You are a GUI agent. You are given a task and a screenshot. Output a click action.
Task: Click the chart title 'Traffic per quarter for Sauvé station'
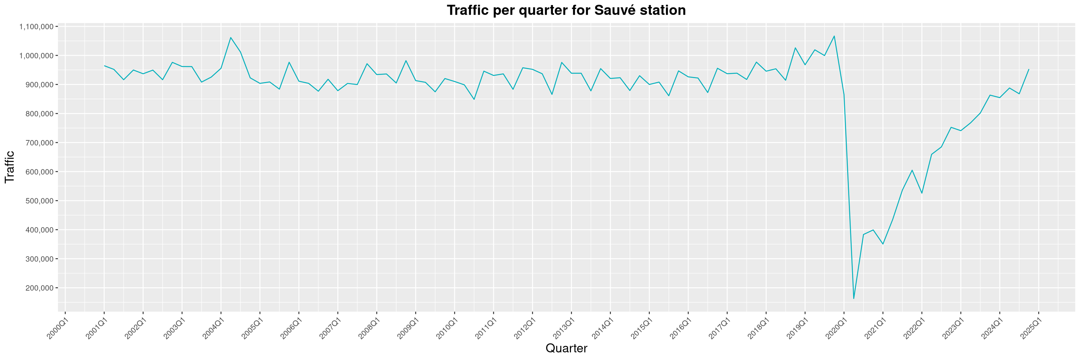[566, 10]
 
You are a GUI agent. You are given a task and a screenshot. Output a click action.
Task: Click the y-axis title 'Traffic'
[9, 167]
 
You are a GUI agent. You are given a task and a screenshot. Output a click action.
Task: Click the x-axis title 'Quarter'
[566, 348]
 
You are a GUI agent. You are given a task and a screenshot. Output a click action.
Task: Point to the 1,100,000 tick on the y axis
[36, 27]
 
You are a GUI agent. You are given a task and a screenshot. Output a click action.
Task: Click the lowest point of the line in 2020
[854, 299]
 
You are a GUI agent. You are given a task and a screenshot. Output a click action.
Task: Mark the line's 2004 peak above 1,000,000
[231, 37]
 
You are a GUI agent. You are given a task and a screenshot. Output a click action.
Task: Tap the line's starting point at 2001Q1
[104, 66]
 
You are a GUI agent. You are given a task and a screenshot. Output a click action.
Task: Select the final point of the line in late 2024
[1029, 69]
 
